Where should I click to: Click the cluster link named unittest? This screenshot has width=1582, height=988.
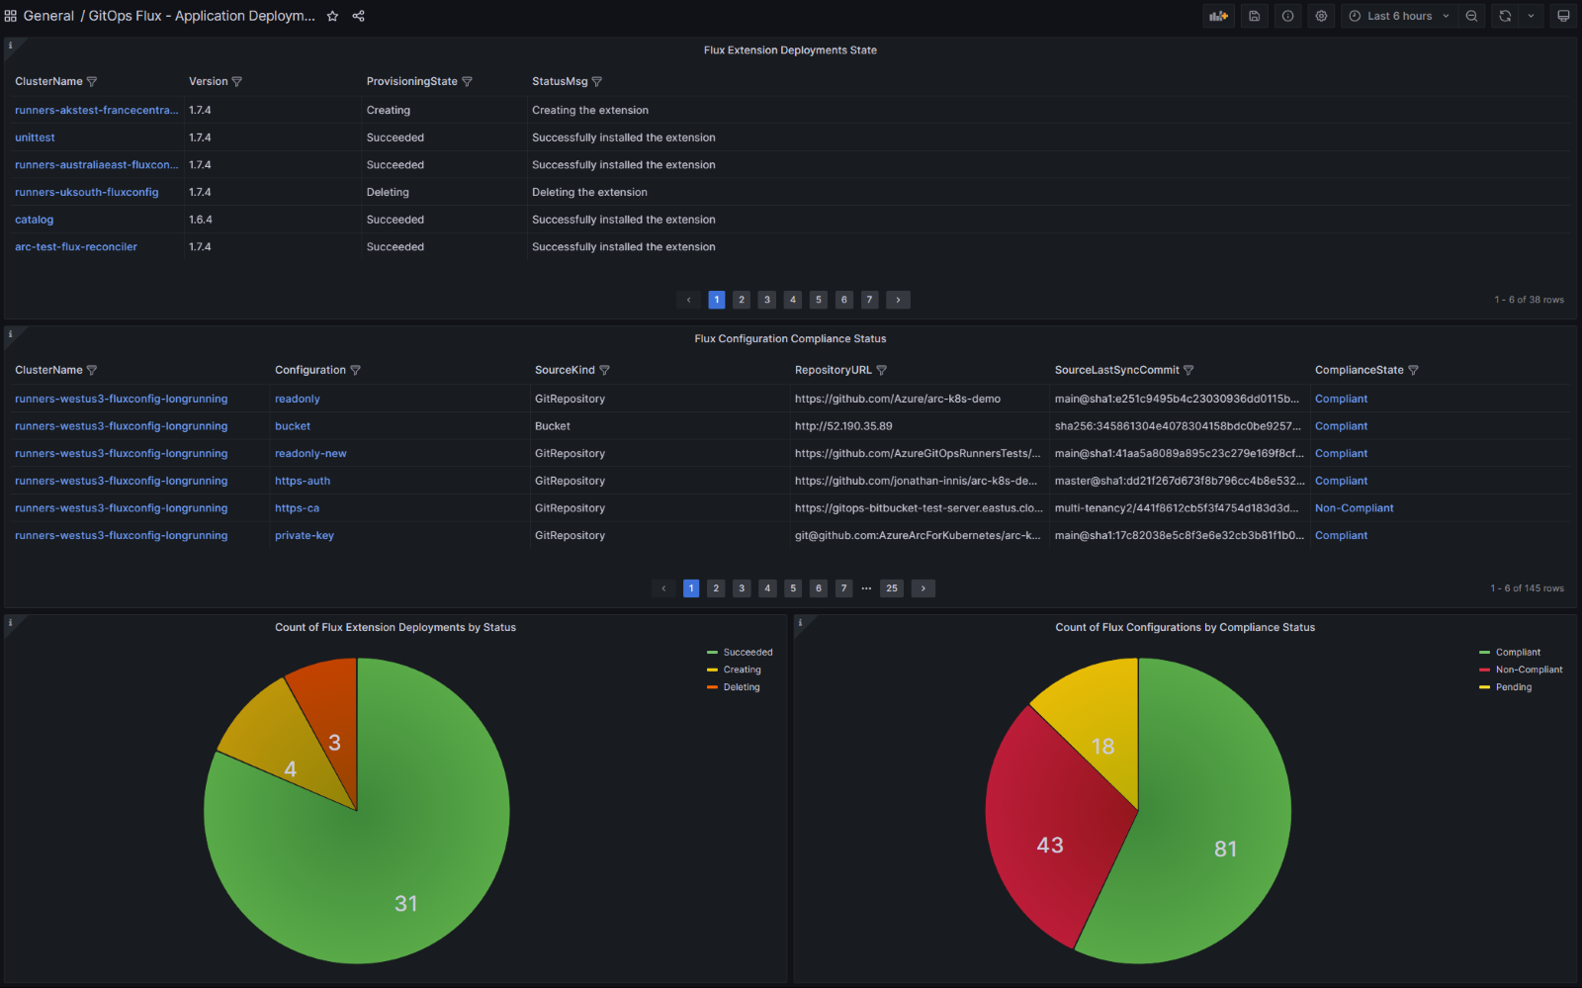pos(35,137)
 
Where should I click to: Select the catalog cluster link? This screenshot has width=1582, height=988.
pos(35,220)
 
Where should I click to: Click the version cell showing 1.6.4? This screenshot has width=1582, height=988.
pos(201,220)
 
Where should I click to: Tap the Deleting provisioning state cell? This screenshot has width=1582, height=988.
pos(388,192)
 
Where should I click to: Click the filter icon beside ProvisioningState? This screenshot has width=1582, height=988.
pos(468,82)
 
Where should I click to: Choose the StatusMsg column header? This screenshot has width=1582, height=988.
pos(560,82)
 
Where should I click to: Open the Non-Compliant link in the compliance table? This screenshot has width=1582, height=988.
pos(1354,508)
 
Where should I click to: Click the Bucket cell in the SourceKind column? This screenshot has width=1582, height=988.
pos(553,426)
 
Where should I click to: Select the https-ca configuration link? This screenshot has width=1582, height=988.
pos(297,508)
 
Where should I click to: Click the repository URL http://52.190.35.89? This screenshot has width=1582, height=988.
pos(843,426)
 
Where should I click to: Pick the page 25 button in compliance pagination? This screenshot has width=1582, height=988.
pos(892,588)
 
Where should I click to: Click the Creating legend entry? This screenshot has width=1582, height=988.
pos(742,670)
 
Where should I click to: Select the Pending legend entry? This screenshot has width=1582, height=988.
pos(1513,687)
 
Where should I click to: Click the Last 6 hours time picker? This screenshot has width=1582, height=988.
pos(1399,16)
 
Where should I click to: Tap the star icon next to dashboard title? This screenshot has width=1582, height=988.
pos(333,16)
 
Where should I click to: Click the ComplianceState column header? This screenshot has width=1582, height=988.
pos(1359,370)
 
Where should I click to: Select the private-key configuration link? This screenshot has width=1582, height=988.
pos(305,536)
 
